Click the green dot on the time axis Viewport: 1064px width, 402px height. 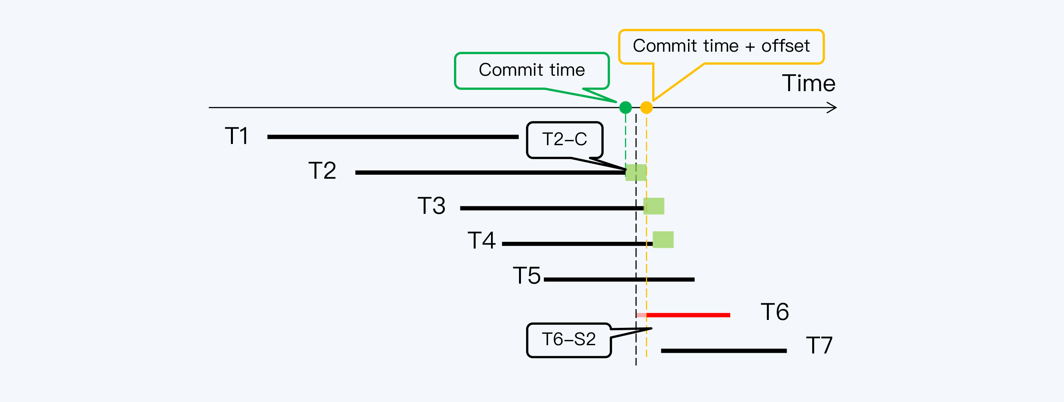(625, 108)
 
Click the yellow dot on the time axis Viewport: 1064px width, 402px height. (646, 108)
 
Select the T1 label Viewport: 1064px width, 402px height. (237, 136)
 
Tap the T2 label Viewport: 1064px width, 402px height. (322, 170)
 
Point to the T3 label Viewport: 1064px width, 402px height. (432, 206)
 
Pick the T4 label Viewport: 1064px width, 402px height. (482, 240)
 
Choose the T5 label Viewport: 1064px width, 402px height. (526, 275)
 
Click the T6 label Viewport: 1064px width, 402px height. (775, 311)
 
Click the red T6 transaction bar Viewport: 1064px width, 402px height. (688, 315)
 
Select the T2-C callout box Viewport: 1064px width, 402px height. (565, 140)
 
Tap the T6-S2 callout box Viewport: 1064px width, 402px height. (569, 340)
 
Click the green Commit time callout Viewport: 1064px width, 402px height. (532, 70)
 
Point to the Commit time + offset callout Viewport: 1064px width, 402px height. (721, 46)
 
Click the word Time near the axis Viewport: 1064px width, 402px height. (809, 83)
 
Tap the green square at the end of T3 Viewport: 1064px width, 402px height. (654, 206)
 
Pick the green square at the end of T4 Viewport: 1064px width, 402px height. (663, 239)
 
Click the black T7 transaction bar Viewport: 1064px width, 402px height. (724, 351)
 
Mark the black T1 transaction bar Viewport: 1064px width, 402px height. (392, 137)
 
